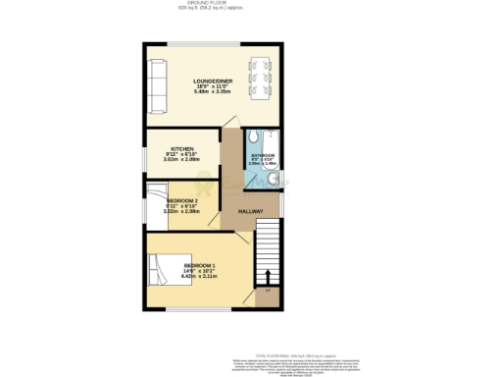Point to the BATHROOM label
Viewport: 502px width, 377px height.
(x=263, y=155)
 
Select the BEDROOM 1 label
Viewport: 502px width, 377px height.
(x=201, y=266)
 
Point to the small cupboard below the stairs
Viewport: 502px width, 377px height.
(x=266, y=292)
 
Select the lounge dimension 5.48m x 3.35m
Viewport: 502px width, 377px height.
(x=212, y=92)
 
